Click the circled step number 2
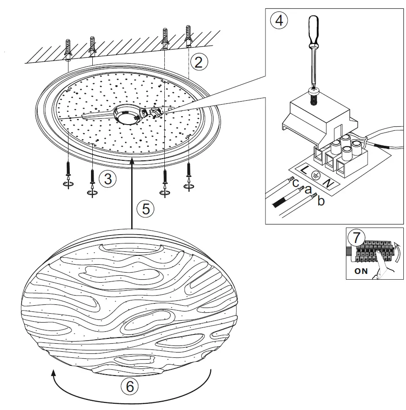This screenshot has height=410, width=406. (198, 61)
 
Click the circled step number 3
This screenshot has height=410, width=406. (107, 178)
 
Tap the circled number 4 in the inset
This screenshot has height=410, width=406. (279, 20)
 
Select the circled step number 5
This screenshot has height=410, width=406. (145, 209)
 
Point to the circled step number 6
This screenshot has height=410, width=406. (129, 387)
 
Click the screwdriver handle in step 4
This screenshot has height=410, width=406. (314, 31)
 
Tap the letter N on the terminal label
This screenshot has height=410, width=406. (328, 182)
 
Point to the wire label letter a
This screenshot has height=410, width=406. (309, 190)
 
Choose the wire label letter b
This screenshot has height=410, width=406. (321, 201)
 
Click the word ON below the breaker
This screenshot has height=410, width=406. (361, 271)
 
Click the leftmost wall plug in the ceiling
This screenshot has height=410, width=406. (68, 49)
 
